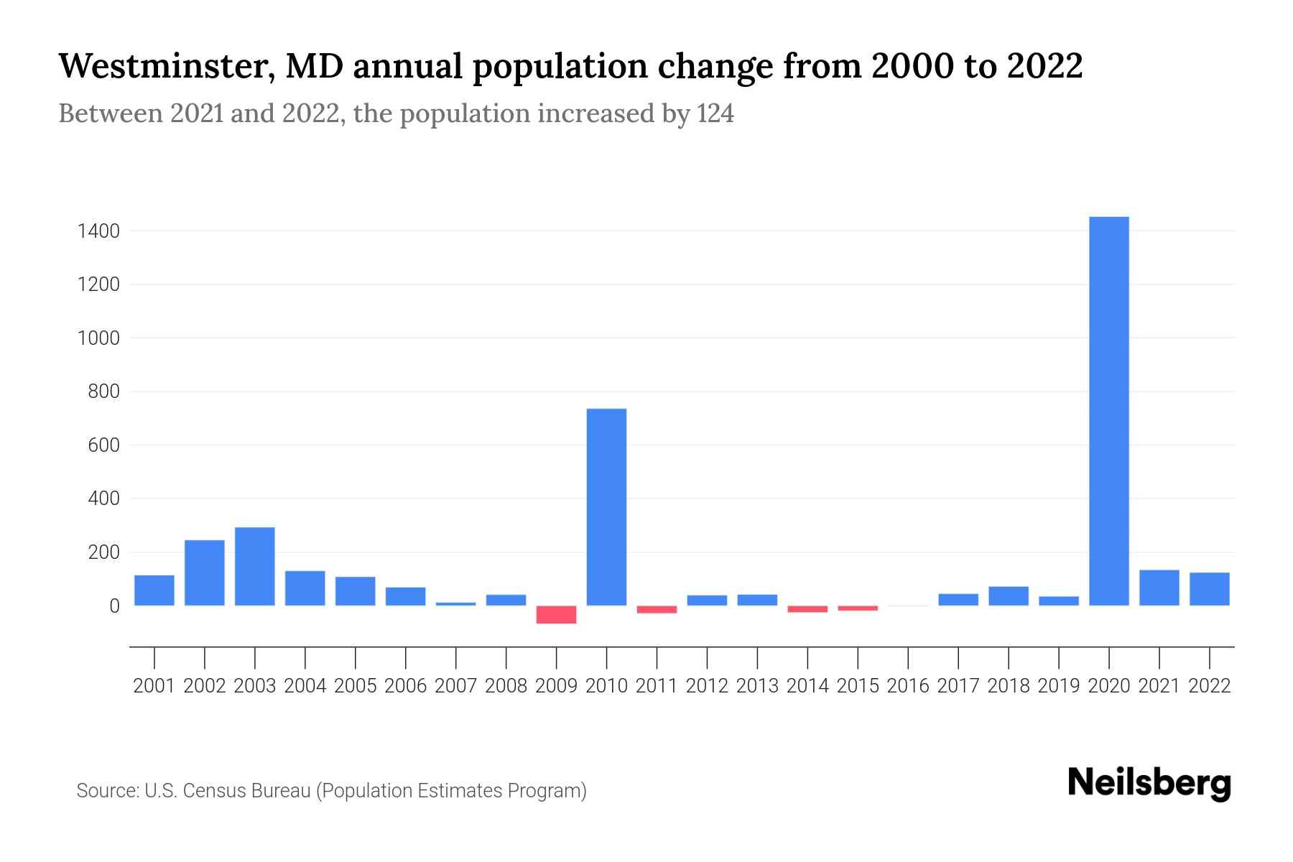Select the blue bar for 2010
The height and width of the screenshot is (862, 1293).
click(606, 507)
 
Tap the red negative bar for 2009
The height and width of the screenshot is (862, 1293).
click(556, 615)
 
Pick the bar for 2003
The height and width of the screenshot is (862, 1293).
click(254, 567)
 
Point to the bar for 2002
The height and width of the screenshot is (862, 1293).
click(204, 573)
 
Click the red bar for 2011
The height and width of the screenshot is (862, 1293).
click(657, 610)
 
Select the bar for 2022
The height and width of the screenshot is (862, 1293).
click(1209, 589)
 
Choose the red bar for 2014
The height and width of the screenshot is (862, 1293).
click(807, 609)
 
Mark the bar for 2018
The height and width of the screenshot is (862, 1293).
click(1008, 596)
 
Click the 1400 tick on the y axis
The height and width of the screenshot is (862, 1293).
click(99, 231)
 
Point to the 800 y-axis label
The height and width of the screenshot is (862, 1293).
click(103, 392)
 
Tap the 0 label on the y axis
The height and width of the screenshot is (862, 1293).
click(114, 606)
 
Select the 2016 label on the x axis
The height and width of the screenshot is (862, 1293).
click(908, 686)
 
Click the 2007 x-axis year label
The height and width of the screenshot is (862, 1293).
click(455, 686)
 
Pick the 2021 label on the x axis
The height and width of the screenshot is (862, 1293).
click(1159, 686)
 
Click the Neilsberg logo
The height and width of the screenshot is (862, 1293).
click(1149, 782)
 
